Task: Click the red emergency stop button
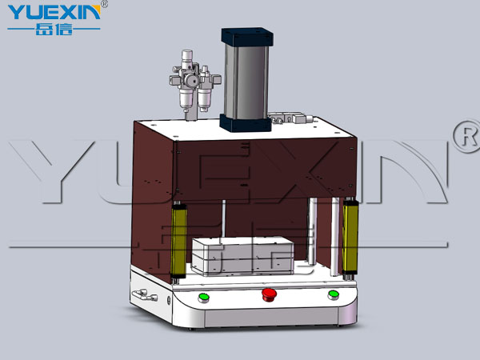coord(269,294)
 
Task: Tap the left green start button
coord(203,298)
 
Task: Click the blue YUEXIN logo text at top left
coord(54,12)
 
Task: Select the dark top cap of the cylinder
coord(247,37)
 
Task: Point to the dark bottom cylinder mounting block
coord(246,122)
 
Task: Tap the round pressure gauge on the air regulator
coord(190,81)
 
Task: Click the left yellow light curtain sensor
coord(178,242)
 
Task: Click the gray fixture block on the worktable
coord(242,256)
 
